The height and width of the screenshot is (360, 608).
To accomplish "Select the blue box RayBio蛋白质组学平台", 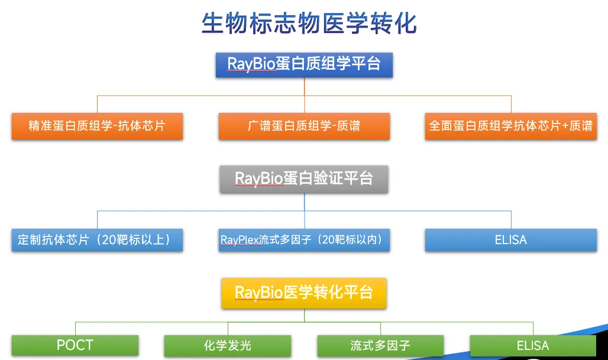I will click(x=304, y=64).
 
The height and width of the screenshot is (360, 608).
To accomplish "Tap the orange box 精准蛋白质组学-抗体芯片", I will click(x=97, y=126).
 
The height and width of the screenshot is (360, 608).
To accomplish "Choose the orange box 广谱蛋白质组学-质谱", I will click(x=304, y=126).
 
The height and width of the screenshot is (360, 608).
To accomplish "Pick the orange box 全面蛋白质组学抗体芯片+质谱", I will click(x=510, y=126).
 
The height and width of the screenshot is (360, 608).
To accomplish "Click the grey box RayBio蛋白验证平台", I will click(x=304, y=178).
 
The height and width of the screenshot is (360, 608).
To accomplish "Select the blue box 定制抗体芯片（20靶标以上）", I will click(x=97, y=240).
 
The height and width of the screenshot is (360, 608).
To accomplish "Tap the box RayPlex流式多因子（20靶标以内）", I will click(x=304, y=240).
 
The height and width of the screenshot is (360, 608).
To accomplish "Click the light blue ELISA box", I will click(x=510, y=240).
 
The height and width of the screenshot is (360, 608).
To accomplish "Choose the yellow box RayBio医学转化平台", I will click(x=304, y=293).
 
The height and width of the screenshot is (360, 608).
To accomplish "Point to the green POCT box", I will click(x=75, y=345).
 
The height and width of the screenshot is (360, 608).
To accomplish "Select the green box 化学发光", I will click(x=228, y=345).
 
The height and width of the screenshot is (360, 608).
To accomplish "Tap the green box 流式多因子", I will click(x=380, y=345).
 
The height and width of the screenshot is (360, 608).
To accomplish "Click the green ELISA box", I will click(x=533, y=345).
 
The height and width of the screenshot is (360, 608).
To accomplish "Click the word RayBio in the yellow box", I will click(x=259, y=293).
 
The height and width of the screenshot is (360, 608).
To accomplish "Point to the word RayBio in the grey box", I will click(x=259, y=178).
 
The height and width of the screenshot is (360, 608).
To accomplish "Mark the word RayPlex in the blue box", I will click(x=240, y=240).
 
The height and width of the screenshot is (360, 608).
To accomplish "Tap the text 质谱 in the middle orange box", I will click(x=348, y=126).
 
